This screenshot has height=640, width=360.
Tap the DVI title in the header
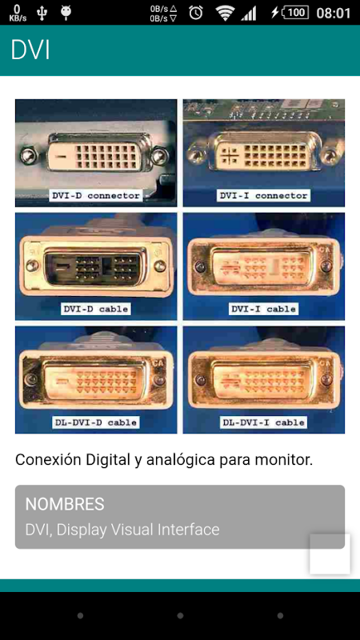coord(30,50)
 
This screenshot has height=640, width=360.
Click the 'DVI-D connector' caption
coord(96,195)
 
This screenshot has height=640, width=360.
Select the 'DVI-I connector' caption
coord(264,195)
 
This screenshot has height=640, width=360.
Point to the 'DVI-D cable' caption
coord(96,309)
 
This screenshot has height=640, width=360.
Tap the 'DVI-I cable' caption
coord(264,309)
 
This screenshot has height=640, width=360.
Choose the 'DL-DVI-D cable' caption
coord(96,422)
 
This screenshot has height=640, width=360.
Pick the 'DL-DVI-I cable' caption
coord(264,422)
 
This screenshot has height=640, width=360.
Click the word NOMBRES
coord(65,505)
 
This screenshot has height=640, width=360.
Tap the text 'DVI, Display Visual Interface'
coord(122,530)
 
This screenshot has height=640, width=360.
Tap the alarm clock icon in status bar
coord(196,13)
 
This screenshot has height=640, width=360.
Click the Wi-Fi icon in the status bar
coord(226,13)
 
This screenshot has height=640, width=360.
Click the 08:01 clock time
coord(334,13)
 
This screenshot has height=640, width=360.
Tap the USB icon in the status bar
coord(42,13)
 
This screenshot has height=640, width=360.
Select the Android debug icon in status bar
coord(66,13)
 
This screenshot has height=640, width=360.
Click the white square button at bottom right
coord(330,554)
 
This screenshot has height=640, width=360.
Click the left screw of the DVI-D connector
coord(28,155)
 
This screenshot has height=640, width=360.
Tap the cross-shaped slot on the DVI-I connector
coord(230,155)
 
